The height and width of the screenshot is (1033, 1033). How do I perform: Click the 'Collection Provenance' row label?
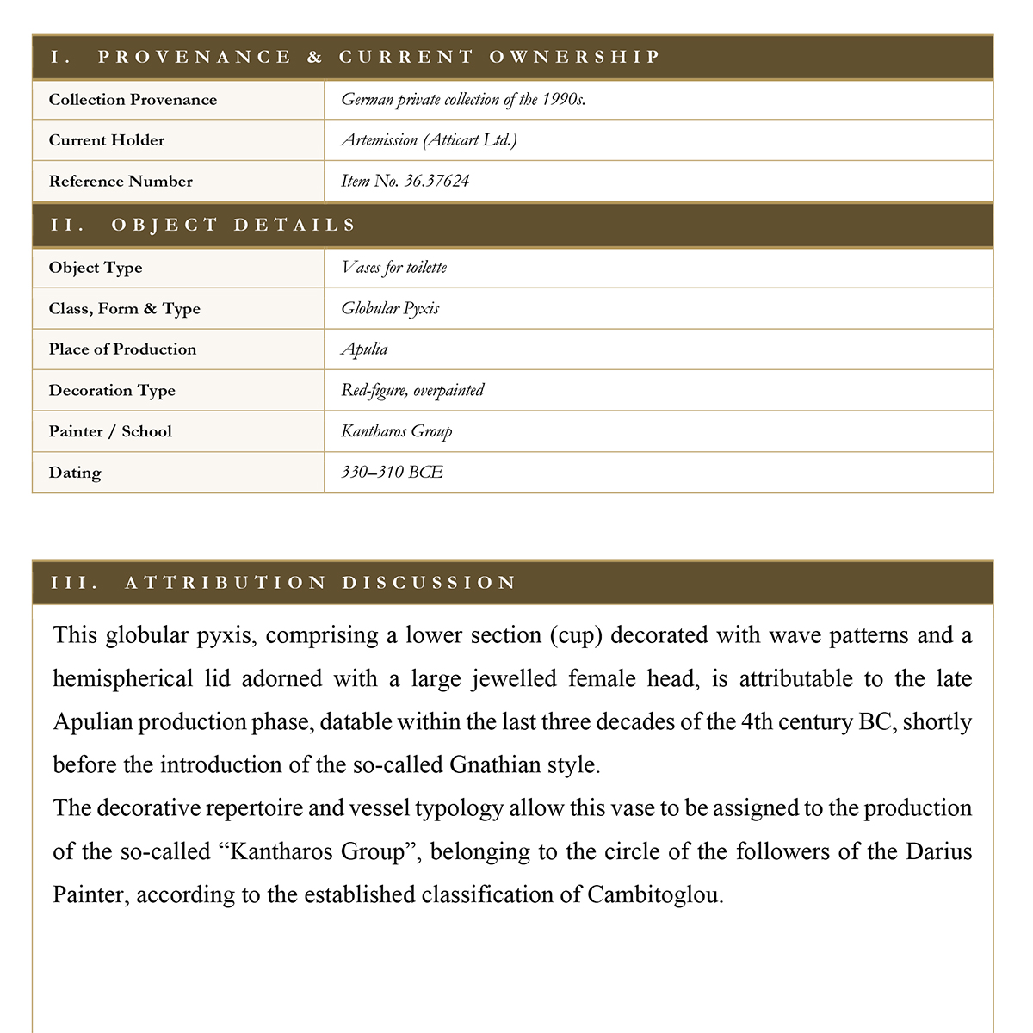click(x=133, y=100)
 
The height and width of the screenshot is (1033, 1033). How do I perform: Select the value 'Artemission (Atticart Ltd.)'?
click(x=429, y=140)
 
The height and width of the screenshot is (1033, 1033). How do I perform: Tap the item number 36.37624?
click(x=405, y=181)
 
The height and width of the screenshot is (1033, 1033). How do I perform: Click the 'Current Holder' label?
click(x=107, y=140)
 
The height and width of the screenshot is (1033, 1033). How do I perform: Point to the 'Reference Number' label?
click(x=121, y=182)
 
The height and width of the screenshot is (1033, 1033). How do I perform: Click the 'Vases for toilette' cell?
click(x=393, y=268)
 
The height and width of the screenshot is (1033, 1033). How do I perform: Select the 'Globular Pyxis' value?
click(x=390, y=308)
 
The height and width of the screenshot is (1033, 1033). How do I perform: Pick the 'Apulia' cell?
click(x=364, y=349)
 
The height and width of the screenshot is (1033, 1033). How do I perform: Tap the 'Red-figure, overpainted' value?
click(x=412, y=390)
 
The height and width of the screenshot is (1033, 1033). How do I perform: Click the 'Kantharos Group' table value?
click(x=396, y=431)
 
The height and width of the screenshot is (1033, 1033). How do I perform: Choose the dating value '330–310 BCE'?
click(x=392, y=473)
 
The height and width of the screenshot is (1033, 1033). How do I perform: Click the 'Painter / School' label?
click(x=110, y=431)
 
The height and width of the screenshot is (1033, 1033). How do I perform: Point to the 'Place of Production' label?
click(x=122, y=349)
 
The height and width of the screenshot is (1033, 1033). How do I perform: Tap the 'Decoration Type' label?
click(x=112, y=391)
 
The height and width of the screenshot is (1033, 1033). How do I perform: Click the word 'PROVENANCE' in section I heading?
click(x=195, y=58)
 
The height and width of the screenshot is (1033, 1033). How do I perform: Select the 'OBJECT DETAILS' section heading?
click(x=233, y=226)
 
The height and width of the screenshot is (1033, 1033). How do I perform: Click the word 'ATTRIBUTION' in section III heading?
click(x=226, y=583)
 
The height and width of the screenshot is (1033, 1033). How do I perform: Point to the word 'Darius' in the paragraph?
click(x=939, y=851)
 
